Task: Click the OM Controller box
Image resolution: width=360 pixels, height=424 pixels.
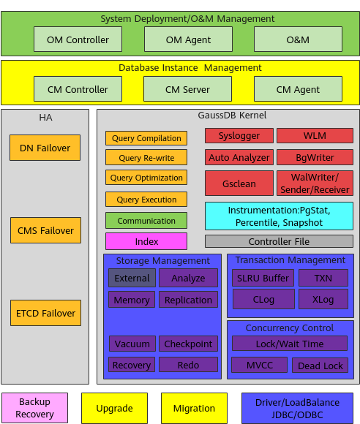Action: (78, 39)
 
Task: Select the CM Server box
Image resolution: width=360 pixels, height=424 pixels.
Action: (187, 89)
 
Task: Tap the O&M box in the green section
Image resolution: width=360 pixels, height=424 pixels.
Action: (298, 39)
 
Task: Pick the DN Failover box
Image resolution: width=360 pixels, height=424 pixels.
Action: (45, 148)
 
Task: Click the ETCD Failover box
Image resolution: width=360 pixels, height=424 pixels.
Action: (45, 313)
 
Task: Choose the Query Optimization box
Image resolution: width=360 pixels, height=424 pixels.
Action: (146, 178)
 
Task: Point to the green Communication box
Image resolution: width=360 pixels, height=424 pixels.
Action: (146, 220)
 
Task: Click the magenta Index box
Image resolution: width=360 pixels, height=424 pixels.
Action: (146, 241)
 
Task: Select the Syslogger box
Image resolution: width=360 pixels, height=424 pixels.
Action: (239, 136)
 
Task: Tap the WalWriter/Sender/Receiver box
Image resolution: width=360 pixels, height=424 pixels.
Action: (315, 183)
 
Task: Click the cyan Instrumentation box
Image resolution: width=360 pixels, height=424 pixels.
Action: (279, 216)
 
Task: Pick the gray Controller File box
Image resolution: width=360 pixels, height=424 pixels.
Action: (279, 241)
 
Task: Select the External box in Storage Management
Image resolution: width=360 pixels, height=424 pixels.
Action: (132, 278)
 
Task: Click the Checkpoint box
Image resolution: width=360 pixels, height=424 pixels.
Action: (188, 344)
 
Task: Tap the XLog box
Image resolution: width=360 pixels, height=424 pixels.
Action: (323, 299)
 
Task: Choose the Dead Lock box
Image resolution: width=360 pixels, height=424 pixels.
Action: (320, 366)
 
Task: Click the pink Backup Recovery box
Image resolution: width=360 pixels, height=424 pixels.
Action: (34, 408)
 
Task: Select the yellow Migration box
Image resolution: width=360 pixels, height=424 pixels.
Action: (194, 408)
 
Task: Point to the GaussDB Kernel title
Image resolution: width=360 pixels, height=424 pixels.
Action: (228, 116)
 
